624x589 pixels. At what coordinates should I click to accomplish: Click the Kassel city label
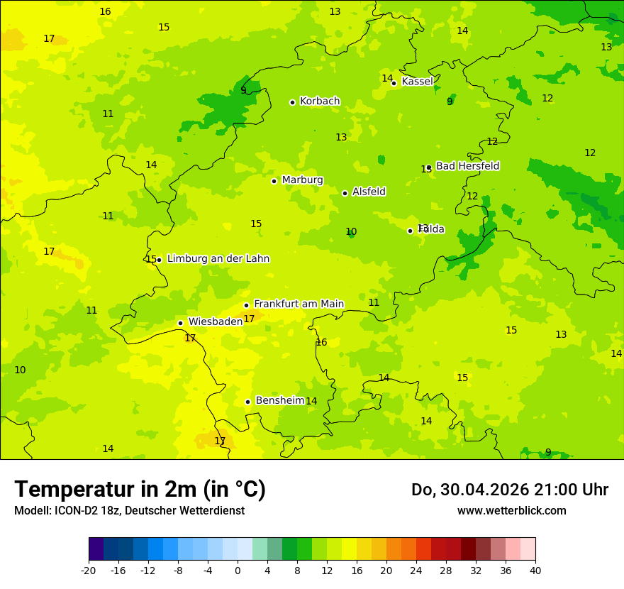tap(417, 82)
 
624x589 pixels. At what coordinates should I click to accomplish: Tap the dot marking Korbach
tap(292, 102)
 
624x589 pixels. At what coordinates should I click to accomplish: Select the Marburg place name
tap(302, 180)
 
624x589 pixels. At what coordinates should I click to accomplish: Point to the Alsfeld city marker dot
tap(345, 193)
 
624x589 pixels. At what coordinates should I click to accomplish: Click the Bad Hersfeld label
tap(467, 166)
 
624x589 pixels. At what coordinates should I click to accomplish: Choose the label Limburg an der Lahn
tap(218, 259)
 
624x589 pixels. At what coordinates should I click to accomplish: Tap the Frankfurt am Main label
tap(299, 304)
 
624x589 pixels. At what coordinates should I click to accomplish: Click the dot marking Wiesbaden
tap(180, 324)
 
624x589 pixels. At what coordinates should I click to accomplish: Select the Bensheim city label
tap(279, 401)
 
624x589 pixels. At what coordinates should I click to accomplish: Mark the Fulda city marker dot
tap(410, 231)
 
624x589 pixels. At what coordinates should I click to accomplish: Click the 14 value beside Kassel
tap(387, 79)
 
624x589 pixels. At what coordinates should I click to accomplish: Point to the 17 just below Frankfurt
tap(249, 319)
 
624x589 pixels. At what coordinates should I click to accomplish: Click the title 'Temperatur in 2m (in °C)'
tap(140, 490)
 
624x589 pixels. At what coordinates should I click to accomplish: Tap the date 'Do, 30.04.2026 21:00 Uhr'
tap(509, 490)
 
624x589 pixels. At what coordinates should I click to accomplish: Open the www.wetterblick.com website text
tap(511, 511)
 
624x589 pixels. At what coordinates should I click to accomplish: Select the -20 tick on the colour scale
tap(89, 571)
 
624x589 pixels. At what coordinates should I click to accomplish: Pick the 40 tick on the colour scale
tap(535, 571)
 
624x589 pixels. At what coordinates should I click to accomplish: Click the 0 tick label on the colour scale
tap(238, 571)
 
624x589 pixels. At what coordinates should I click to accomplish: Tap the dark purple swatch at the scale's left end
tap(96, 549)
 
